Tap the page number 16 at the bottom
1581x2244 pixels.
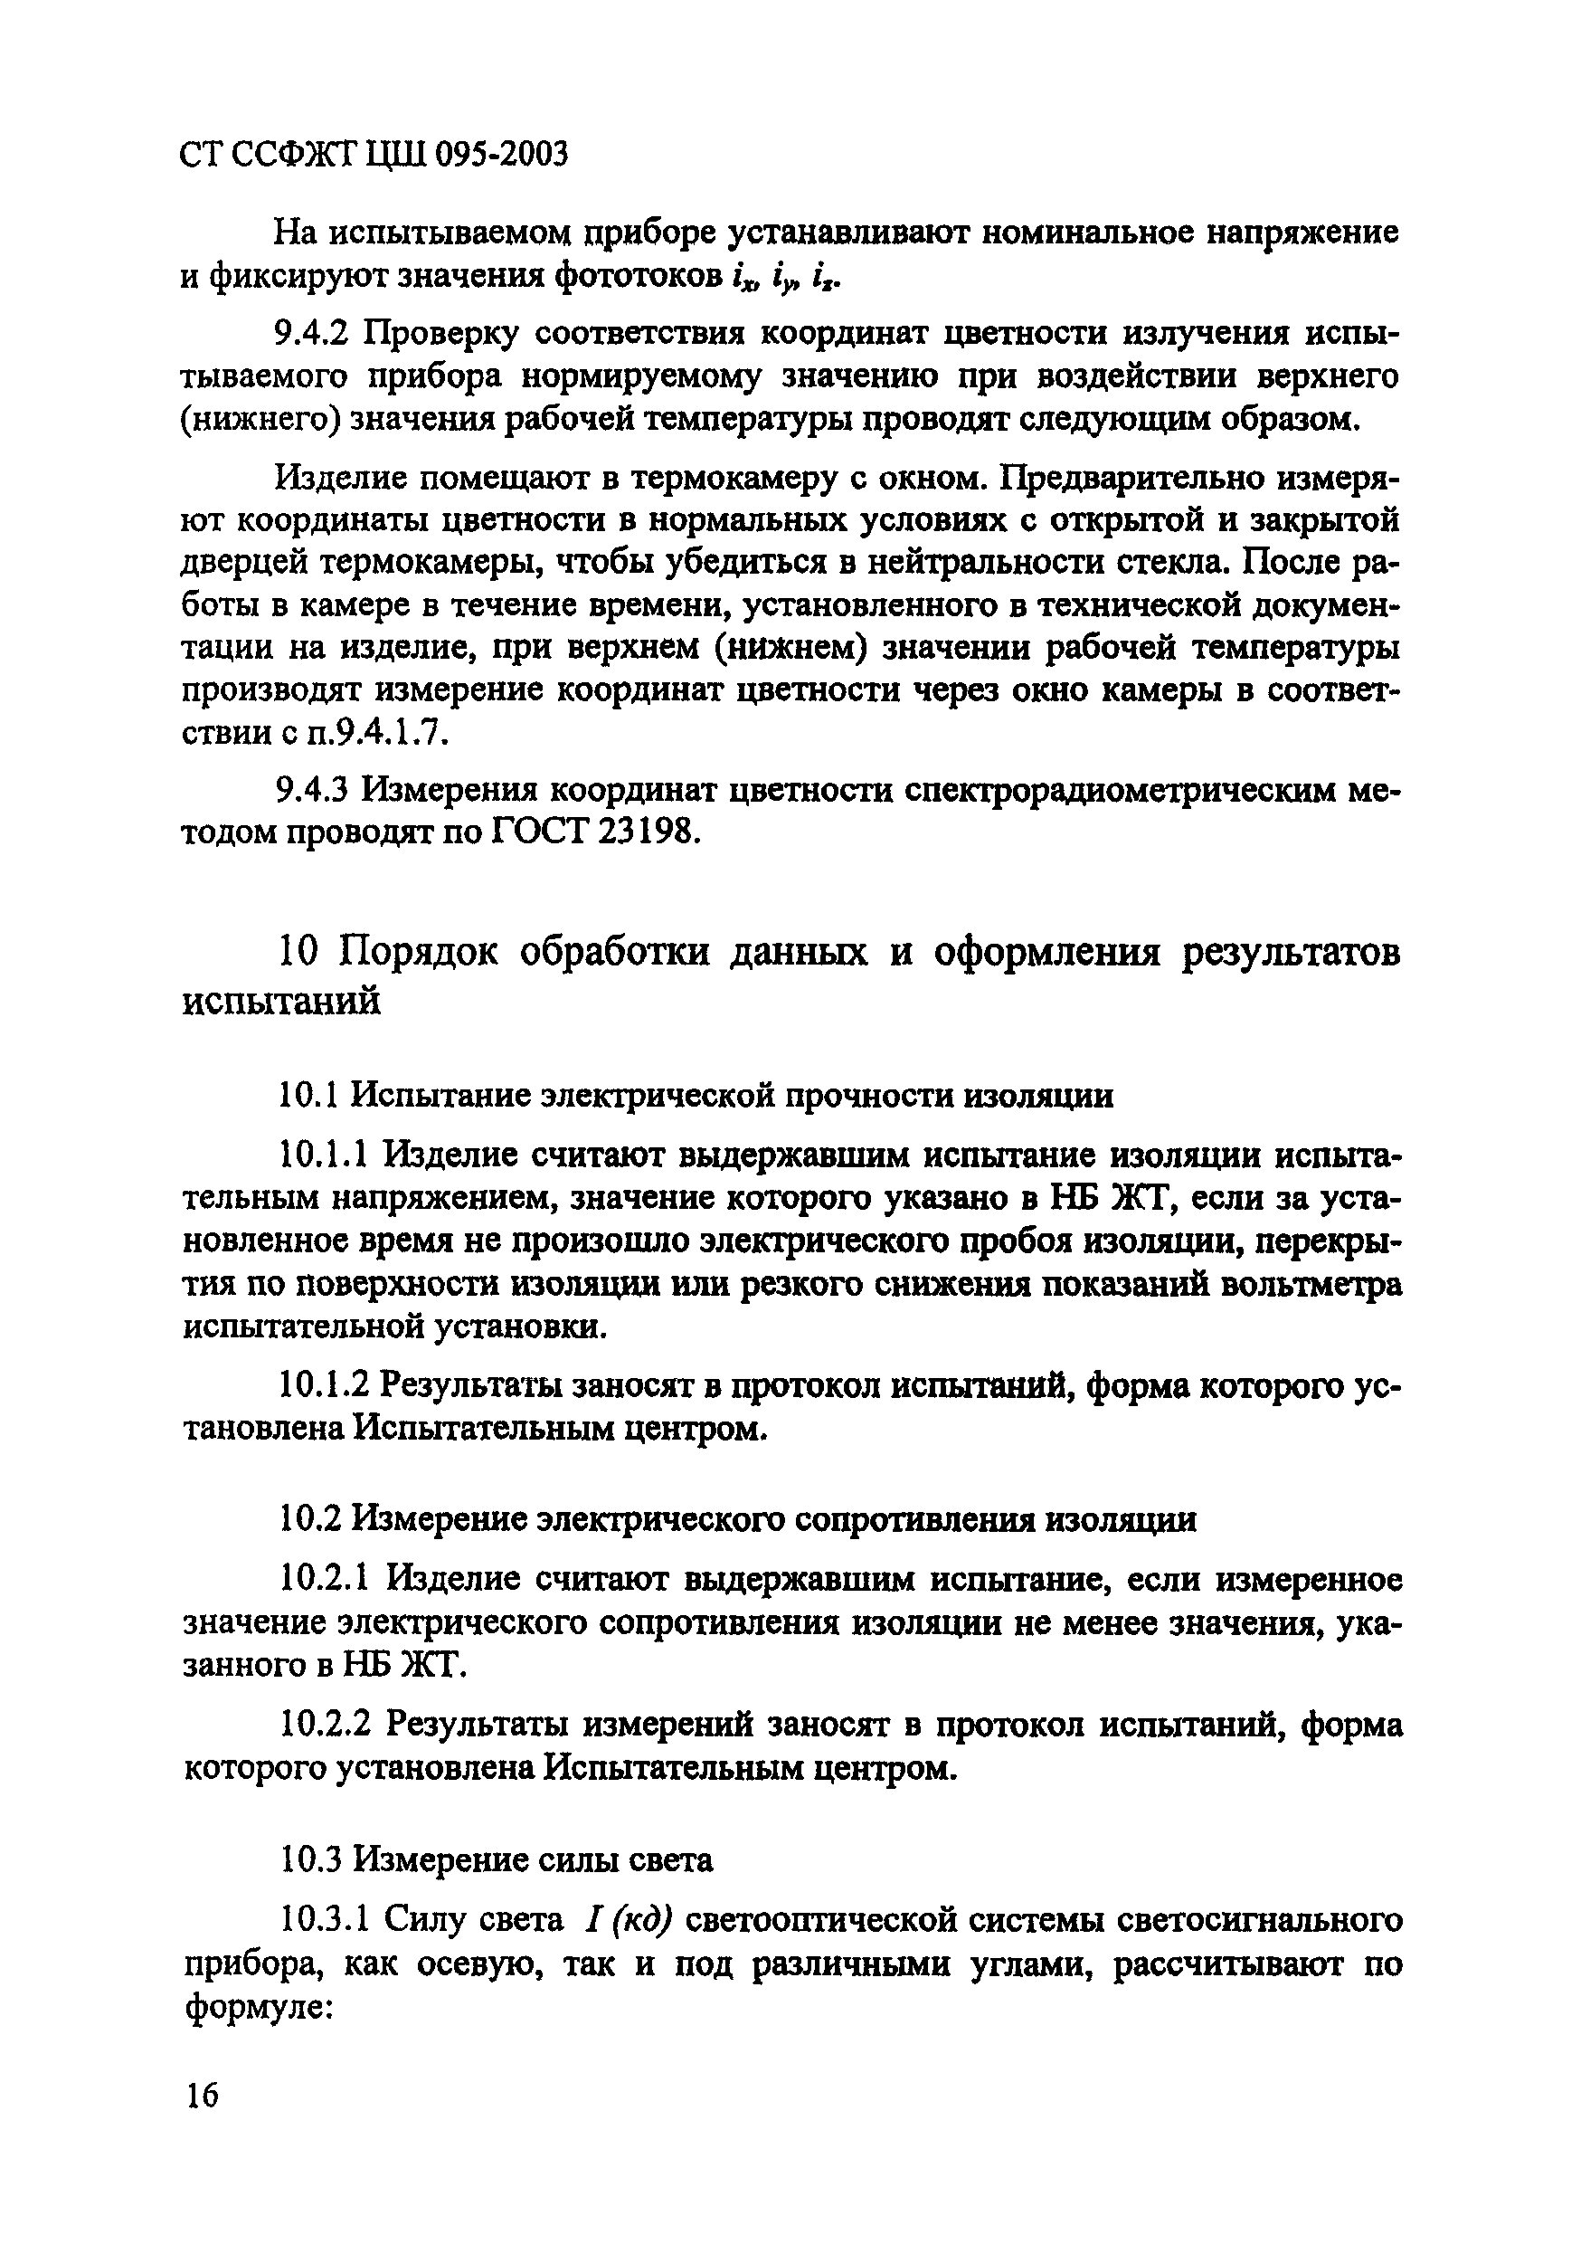(x=202, y=2095)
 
